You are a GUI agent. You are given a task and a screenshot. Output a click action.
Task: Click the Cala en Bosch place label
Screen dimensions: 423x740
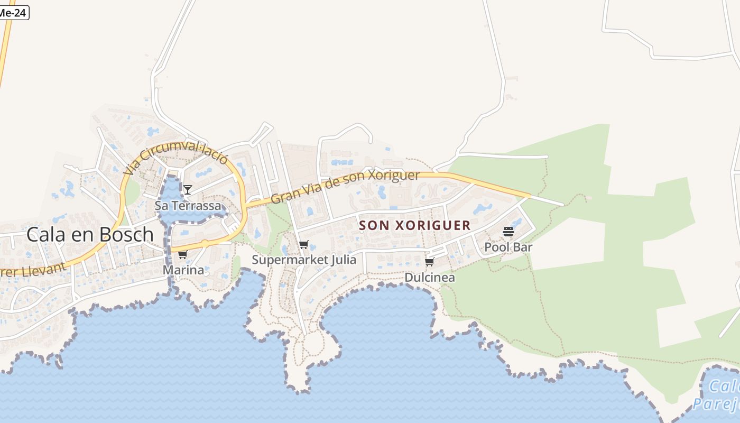pyautogui.click(x=90, y=234)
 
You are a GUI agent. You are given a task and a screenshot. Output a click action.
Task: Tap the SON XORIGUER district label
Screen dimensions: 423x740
pyautogui.click(x=415, y=225)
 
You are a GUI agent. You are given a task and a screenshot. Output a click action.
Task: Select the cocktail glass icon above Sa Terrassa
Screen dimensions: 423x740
pyautogui.click(x=187, y=189)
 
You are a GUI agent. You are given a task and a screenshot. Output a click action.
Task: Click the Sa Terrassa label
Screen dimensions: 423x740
pyautogui.click(x=188, y=206)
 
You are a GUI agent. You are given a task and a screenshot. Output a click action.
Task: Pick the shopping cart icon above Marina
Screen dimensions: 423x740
pyautogui.click(x=183, y=255)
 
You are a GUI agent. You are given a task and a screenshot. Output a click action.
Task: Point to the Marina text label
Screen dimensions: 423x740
pyautogui.click(x=183, y=270)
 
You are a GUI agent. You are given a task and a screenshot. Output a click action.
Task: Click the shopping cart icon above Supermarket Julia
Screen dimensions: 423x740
pyautogui.click(x=303, y=245)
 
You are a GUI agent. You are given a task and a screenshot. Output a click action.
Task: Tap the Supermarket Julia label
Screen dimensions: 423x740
pyautogui.click(x=304, y=260)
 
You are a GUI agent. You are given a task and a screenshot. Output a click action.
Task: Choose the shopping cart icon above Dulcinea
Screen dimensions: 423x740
pyautogui.click(x=430, y=262)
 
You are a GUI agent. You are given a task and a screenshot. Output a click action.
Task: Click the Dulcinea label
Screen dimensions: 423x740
pyautogui.click(x=430, y=278)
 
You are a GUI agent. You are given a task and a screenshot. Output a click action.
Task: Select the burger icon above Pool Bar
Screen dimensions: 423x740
pyautogui.click(x=508, y=232)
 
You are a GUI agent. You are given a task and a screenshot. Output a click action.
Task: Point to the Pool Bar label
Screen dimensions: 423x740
pyautogui.click(x=508, y=247)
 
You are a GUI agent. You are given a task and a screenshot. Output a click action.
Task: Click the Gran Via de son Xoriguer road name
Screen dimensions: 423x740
pyautogui.click(x=345, y=186)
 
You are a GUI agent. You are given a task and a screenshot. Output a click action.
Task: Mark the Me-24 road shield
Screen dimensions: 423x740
pyautogui.click(x=13, y=13)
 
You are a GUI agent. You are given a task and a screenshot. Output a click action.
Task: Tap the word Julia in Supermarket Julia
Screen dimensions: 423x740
pyautogui.click(x=344, y=260)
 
